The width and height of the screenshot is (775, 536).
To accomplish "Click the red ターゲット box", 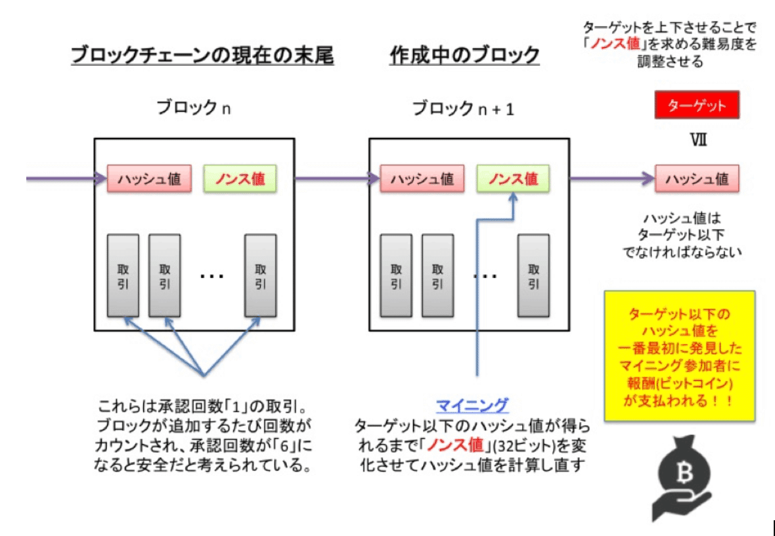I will (x=696, y=105).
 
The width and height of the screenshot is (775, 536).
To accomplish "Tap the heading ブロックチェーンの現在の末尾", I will (x=202, y=56).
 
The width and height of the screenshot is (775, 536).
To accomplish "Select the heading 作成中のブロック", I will (x=464, y=56).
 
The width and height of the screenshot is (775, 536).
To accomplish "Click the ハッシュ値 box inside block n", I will (x=150, y=178).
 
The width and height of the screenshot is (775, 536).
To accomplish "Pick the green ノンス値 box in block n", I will (x=240, y=178).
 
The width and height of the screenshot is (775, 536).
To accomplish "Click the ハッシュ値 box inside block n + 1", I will (x=422, y=178).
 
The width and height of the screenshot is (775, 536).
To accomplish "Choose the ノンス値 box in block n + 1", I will (x=513, y=178).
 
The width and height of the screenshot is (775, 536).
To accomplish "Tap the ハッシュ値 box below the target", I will (x=696, y=178).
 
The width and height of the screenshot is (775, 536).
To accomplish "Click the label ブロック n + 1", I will (x=463, y=108).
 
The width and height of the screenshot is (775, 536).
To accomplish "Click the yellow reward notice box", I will (x=680, y=356).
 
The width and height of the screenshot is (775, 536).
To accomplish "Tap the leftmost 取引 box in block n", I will (x=123, y=276).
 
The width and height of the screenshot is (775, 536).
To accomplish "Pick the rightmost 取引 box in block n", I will (x=261, y=276).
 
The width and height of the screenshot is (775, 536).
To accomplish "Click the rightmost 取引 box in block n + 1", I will (x=533, y=276).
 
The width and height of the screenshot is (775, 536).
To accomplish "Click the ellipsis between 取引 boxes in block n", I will (x=211, y=276).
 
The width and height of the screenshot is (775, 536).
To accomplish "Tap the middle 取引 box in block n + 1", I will (x=437, y=276).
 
